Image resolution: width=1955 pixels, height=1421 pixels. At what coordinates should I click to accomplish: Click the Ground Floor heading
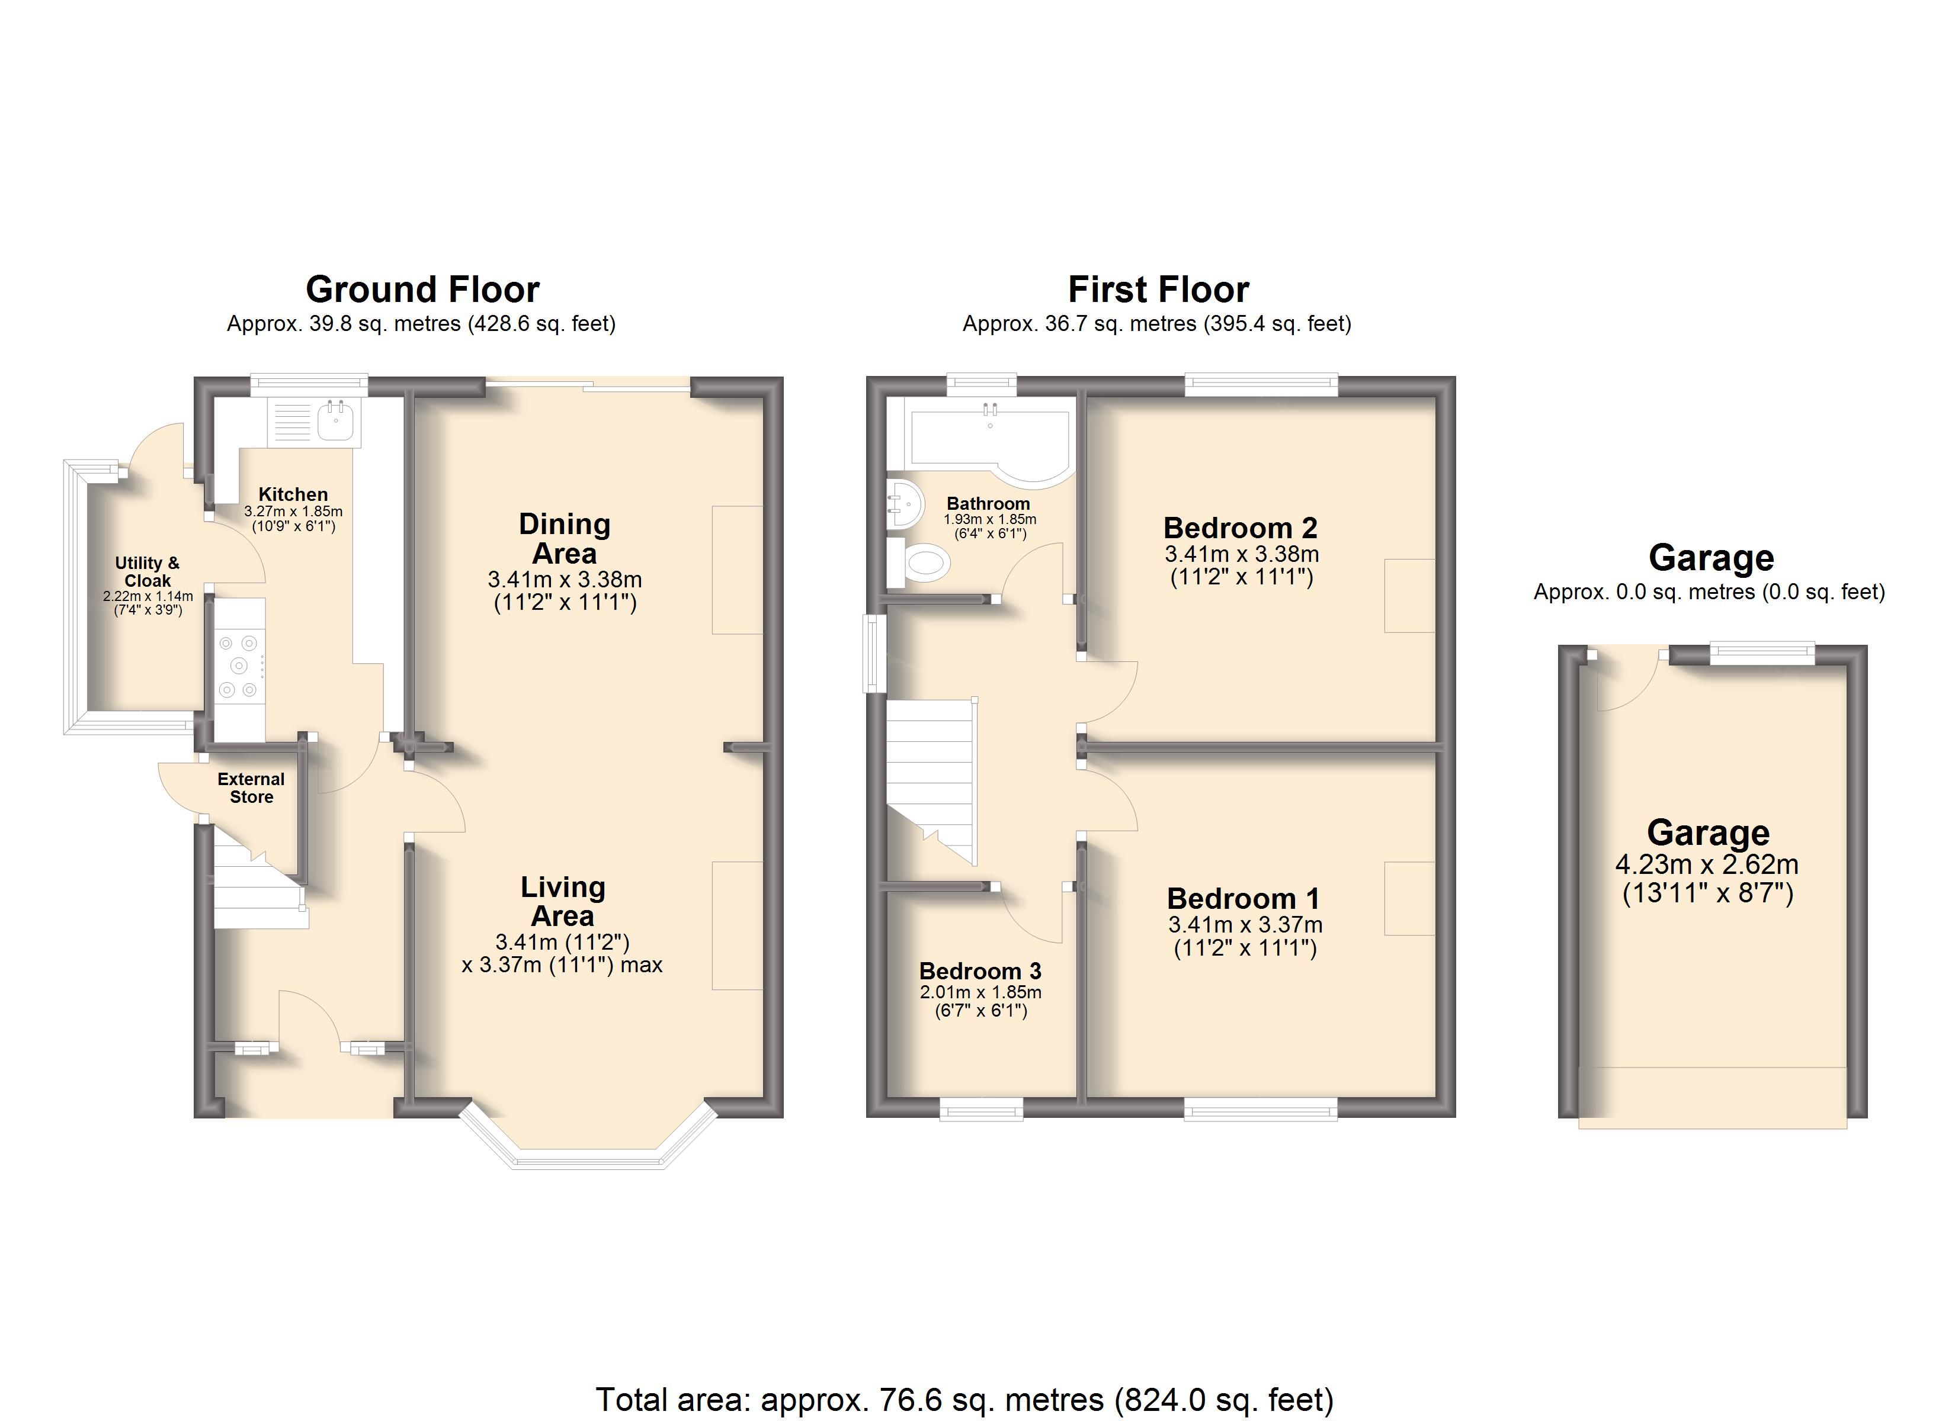click(422, 290)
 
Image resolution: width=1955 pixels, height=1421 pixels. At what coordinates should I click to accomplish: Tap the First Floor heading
click(1159, 290)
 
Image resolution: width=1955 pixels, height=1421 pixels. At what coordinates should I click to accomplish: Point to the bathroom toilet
click(919, 564)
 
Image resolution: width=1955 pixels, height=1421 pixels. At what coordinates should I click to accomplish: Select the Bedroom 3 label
click(980, 971)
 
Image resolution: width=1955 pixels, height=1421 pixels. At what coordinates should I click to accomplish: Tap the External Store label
click(251, 787)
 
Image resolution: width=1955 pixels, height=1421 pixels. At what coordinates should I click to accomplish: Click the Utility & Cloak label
click(148, 571)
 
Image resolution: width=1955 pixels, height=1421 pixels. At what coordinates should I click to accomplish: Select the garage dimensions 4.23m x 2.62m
click(1707, 864)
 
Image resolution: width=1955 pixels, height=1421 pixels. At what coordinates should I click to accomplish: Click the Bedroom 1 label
click(1243, 899)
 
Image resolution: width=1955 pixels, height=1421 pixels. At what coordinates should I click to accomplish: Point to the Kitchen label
click(293, 494)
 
